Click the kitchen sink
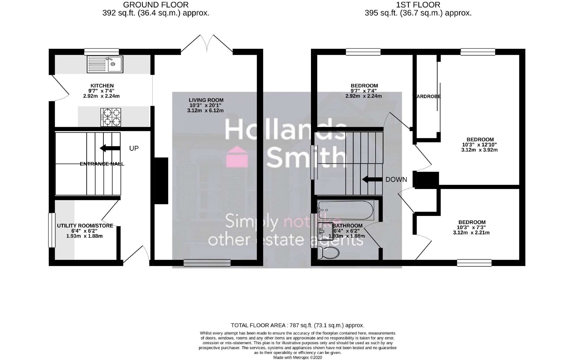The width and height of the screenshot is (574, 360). coord(105,64)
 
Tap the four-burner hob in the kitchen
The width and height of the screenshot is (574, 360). coord(111,117)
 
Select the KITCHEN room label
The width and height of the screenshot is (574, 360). coord(102,86)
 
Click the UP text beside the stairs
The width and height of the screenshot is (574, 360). coord(134,148)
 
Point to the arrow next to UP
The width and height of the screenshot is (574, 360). coord(110,148)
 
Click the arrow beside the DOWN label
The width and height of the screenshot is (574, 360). coord(372,179)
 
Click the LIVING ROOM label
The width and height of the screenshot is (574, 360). coord(206,100)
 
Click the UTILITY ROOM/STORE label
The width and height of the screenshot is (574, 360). coord(85,226)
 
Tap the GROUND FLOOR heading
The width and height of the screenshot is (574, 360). coord(156,5)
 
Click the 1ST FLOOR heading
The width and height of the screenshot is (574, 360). coord(418,5)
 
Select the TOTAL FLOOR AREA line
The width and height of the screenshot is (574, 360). coord(297,325)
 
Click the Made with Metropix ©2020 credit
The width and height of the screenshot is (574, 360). coord(297,358)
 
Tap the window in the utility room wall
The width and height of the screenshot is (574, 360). coord(52,230)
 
